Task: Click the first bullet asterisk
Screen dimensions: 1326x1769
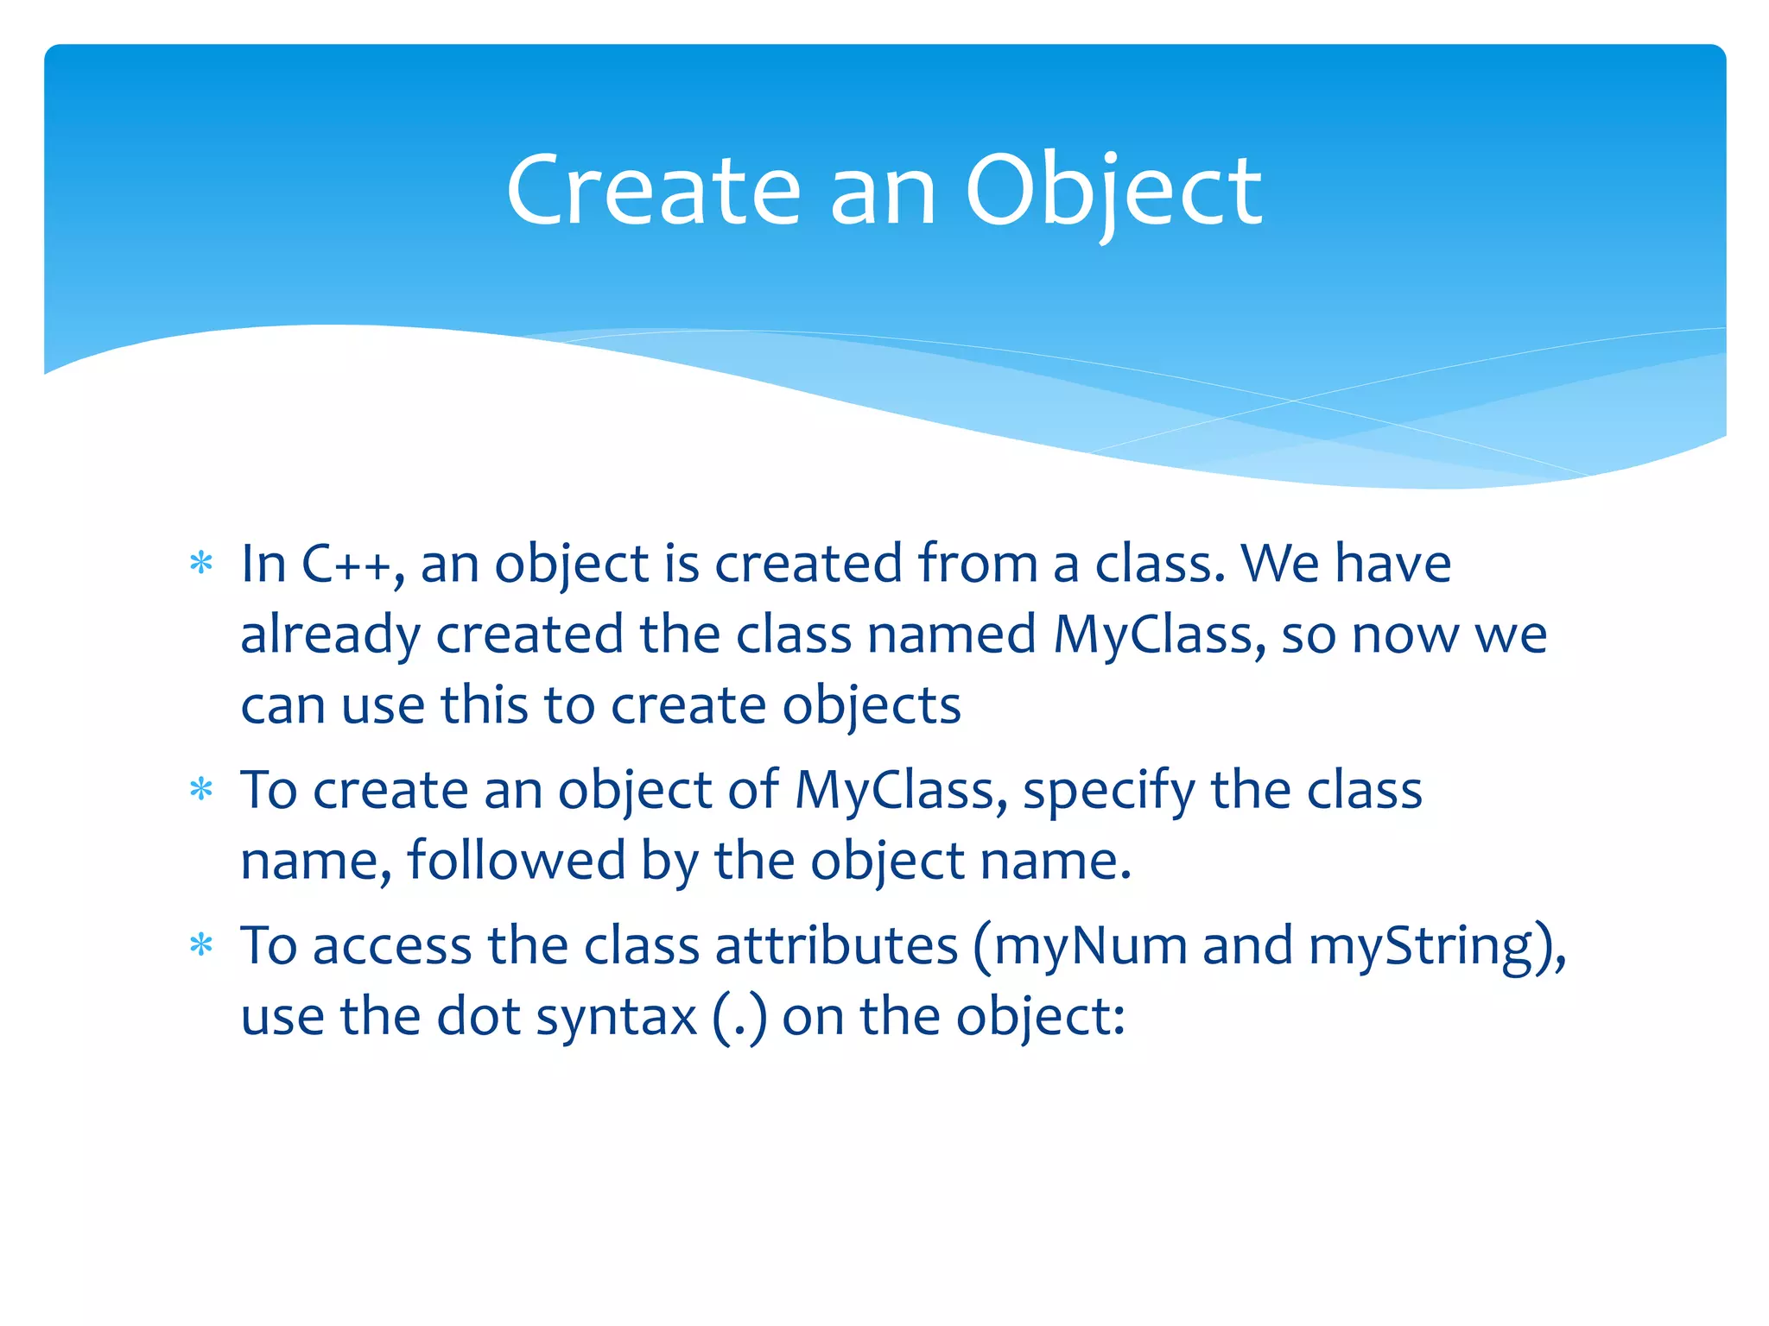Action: click(201, 565)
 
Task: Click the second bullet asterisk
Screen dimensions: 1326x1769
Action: click(201, 790)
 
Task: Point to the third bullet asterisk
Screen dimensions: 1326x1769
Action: click(201, 946)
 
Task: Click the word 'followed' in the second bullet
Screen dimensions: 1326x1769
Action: click(516, 861)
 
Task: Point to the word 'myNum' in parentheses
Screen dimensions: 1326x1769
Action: click(1091, 946)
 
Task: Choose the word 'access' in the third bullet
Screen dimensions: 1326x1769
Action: click(391, 946)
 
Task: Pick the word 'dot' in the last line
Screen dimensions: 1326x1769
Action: click(478, 1017)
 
